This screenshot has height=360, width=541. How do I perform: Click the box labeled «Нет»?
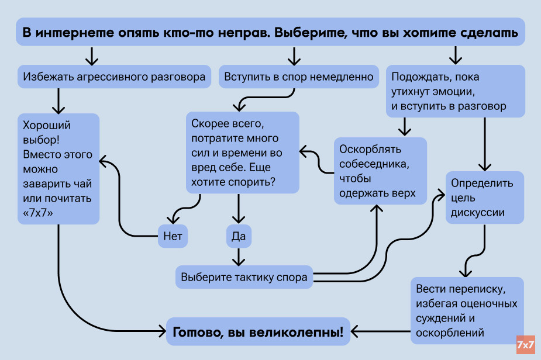[x=173, y=236]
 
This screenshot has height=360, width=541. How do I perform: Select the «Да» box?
[x=239, y=236]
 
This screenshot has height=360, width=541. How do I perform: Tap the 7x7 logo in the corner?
[x=526, y=345]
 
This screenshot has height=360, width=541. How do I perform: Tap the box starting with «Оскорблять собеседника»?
[x=380, y=171]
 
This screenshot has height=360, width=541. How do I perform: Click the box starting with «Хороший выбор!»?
[x=57, y=169]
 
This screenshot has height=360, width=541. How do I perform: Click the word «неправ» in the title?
[x=242, y=33]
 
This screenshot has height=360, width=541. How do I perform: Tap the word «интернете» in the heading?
[x=68, y=33]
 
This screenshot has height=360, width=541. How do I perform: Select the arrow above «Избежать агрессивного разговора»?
[x=91, y=56]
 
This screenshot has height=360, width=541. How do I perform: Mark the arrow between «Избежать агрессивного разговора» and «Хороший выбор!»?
[x=58, y=101]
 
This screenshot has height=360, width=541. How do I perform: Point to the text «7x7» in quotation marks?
[x=38, y=213]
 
